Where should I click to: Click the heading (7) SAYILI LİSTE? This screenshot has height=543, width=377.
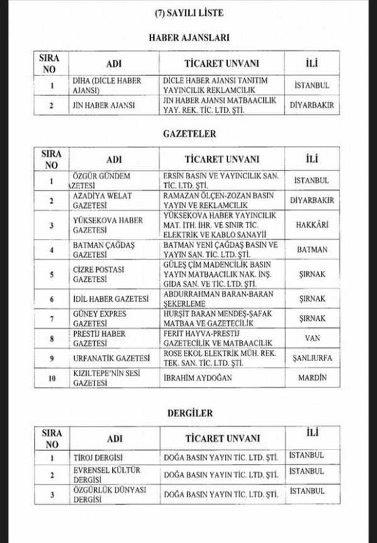pyautogui.click(x=188, y=12)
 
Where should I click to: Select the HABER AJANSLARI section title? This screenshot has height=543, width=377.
pyautogui.click(x=188, y=38)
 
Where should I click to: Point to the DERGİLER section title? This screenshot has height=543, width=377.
pyautogui.click(x=190, y=413)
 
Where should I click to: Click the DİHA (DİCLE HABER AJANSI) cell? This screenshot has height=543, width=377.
pyautogui.click(x=106, y=85)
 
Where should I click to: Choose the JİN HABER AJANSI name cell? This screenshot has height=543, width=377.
pyautogui.click(x=103, y=105)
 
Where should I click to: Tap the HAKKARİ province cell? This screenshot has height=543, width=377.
pyautogui.click(x=312, y=224)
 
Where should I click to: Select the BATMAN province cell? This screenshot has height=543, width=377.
pyautogui.click(x=312, y=249)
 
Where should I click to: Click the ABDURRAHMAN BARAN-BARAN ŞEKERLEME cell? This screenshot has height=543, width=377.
pyautogui.click(x=220, y=298)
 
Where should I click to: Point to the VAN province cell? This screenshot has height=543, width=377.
pyautogui.click(x=312, y=338)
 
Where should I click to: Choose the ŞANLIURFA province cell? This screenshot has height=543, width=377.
pyautogui.click(x=312, y=358)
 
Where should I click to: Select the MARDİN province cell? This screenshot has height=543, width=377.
pyautogui.click(x=312, y=378)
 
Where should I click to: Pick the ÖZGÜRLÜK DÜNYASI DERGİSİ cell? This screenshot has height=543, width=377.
pyautogui.click(x=103, y=494)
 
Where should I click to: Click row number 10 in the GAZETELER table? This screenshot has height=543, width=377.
pyautogui.click(x=52, y=378)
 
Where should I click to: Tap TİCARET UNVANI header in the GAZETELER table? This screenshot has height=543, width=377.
pyautogui.click(x=222, y=159)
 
